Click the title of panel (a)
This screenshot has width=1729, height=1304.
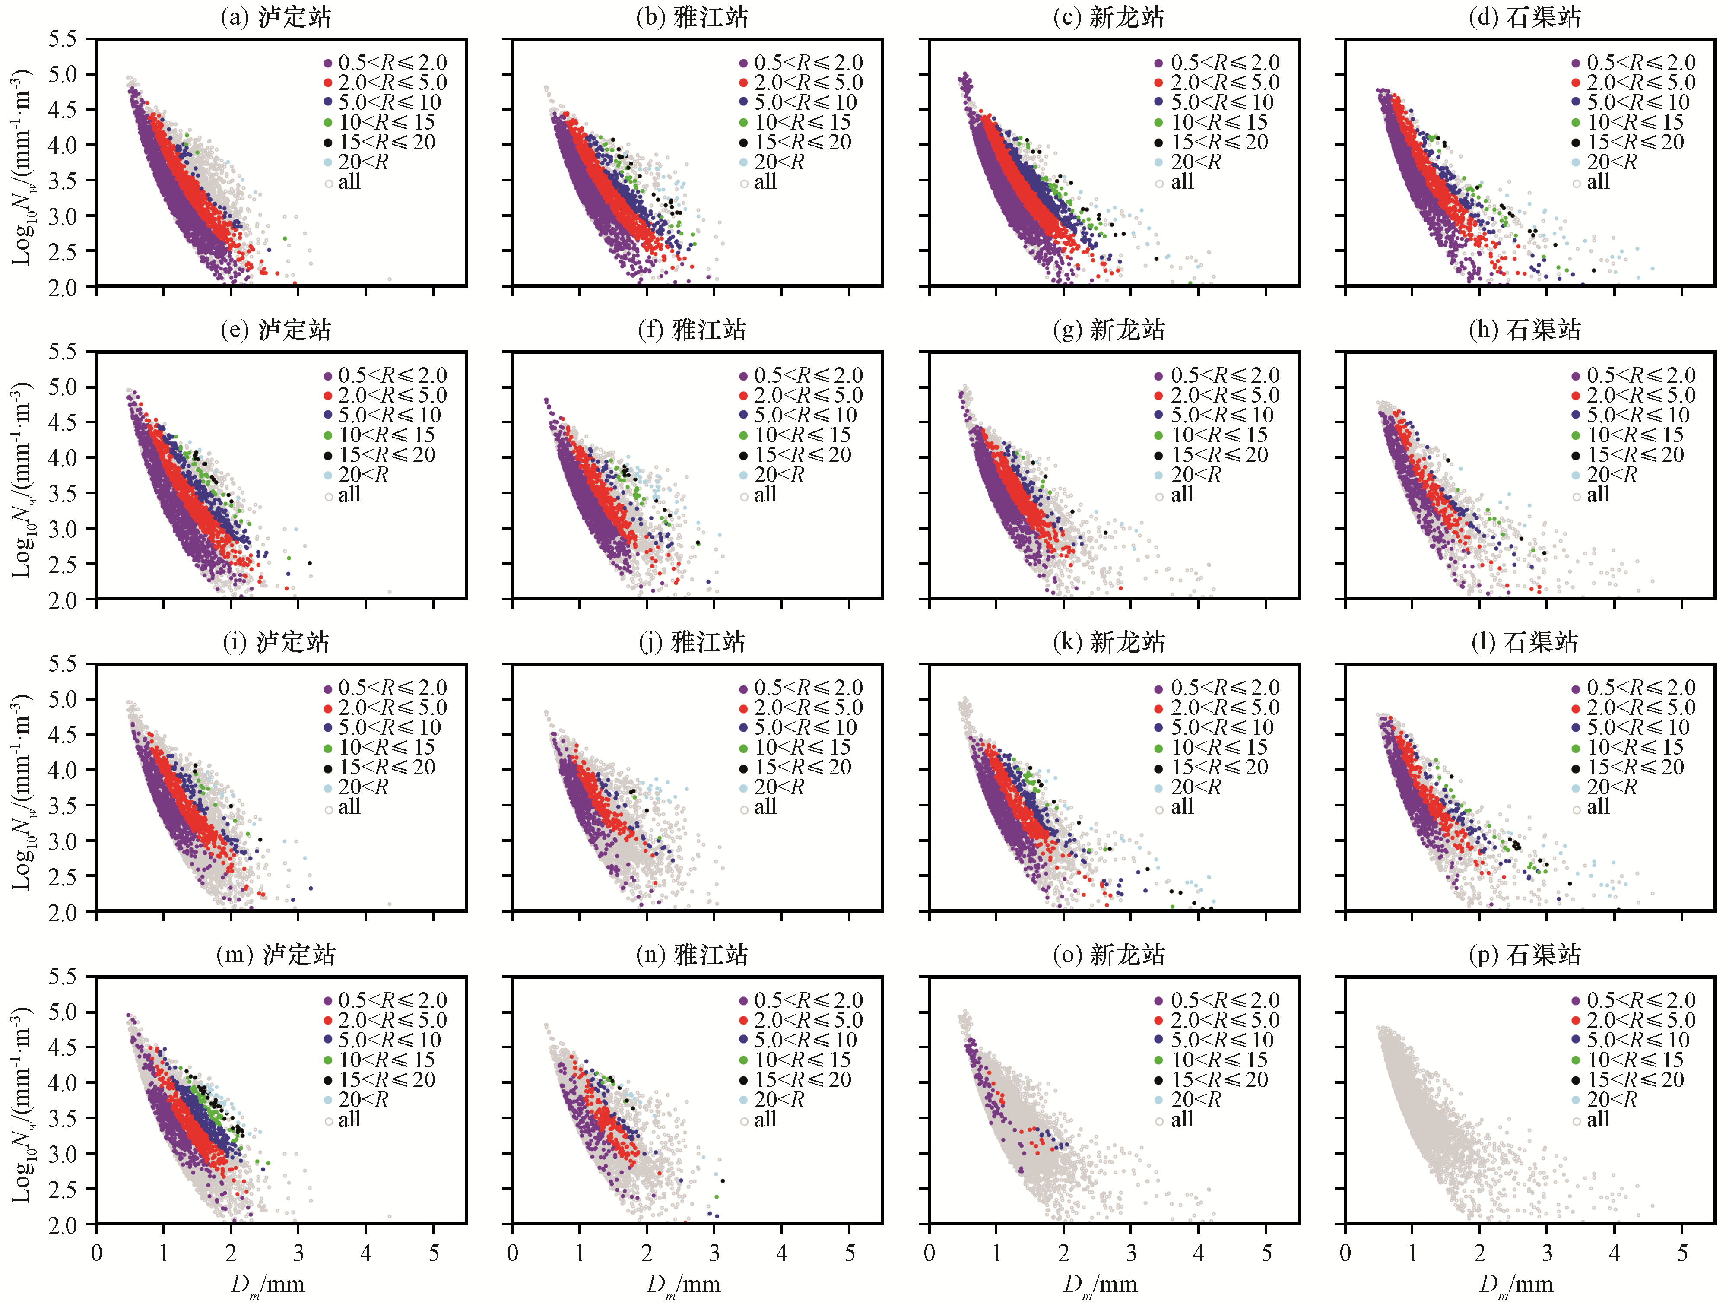point(276,17)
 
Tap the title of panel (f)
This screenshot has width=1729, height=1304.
point(692,330)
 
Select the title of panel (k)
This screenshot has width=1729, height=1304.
point(1108,643)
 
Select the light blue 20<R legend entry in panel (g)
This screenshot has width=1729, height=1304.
point(1188,475)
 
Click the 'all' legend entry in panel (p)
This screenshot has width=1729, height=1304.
point(1591,1120)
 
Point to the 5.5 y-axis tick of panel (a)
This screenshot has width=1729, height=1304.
point(63,39)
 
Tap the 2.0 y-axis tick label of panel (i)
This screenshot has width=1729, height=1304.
point(63,912)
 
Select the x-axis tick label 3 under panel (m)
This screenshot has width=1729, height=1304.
point(298,1253)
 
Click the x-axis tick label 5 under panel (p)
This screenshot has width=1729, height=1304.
point(1681,1253)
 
